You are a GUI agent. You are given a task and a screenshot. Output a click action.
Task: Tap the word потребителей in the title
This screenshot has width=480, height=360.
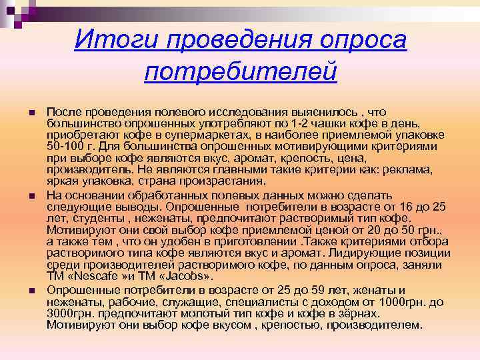point(240,70)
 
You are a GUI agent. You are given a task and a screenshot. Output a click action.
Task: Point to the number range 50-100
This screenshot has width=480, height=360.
point(66,147)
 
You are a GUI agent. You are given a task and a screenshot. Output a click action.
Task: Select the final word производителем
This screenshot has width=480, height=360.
point(379,325)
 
